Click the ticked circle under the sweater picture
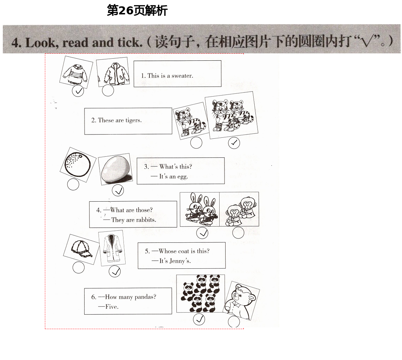point(78,91)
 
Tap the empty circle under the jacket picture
point(108,90)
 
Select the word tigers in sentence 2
point(134,120)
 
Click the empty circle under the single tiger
point(196,143)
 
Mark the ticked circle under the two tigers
point(234,143)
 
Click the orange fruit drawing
point(78,164)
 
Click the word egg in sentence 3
point(182,177)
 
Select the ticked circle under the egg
point(118,190)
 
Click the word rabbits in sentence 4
point(146,220)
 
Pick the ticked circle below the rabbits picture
point(202,233)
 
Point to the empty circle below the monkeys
point(238,233)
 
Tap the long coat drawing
point(112,248)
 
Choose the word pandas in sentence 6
point(145,297)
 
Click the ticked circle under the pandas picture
point(199,319)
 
